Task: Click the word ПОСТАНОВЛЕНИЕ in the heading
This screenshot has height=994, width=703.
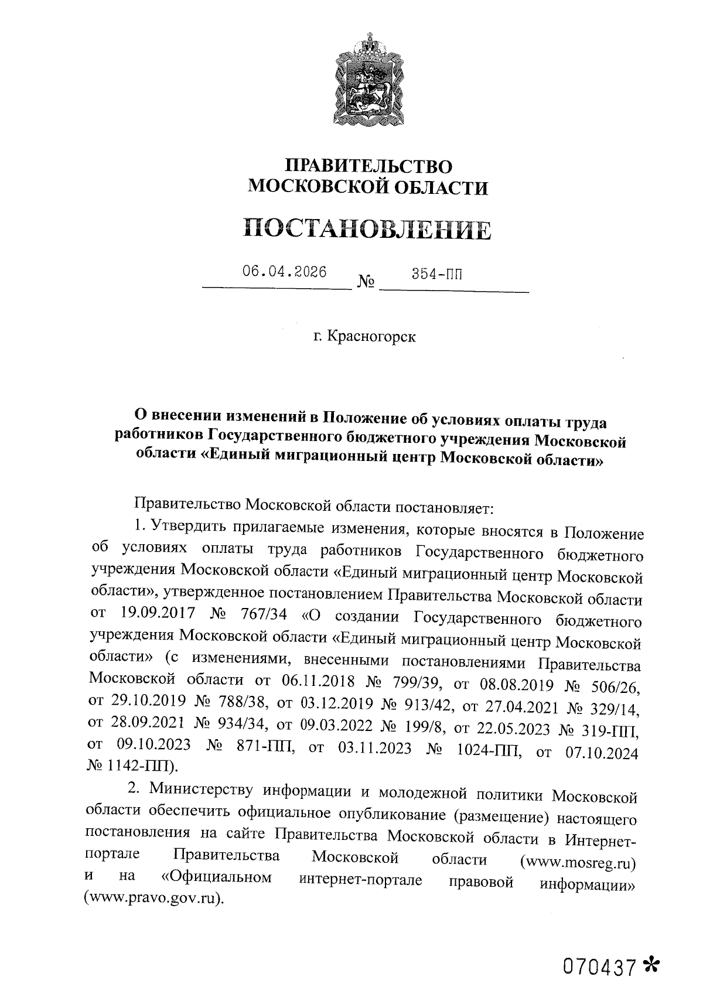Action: point(367,230)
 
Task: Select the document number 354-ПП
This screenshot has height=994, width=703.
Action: point(436,274)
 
